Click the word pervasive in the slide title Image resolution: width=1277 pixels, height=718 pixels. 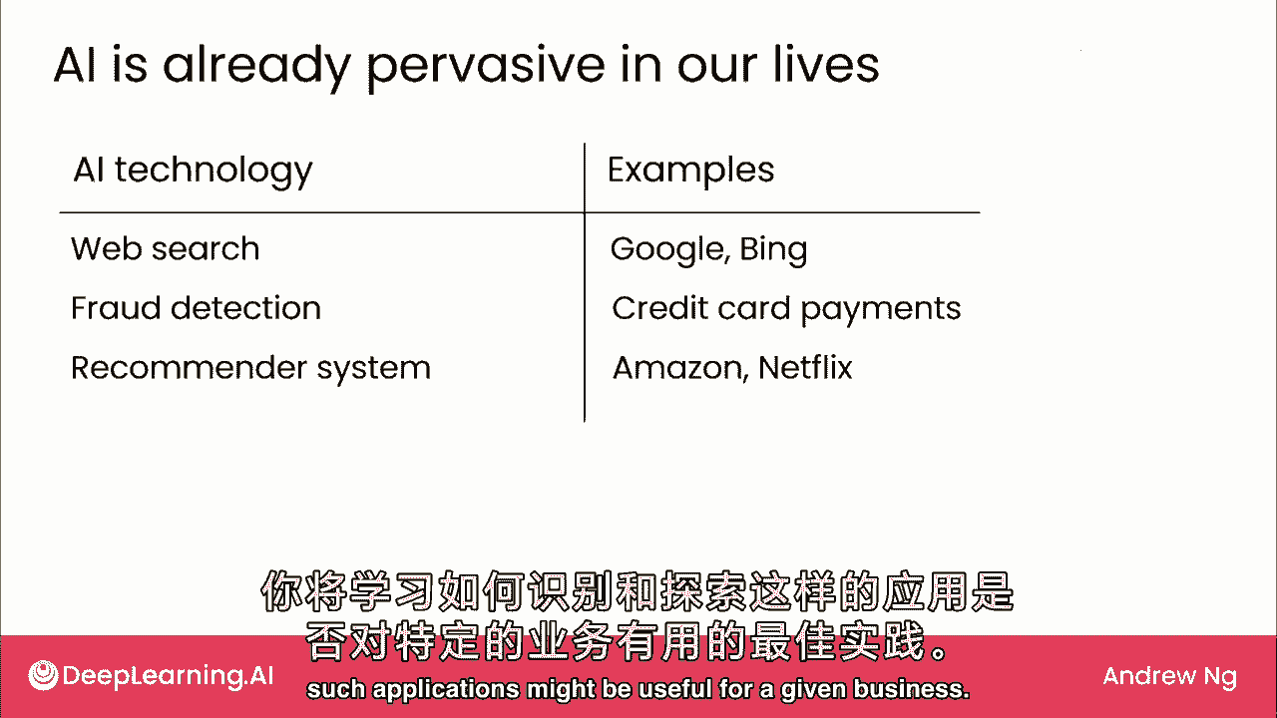pos(485,67)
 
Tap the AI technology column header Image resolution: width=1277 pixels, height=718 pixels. pos(194,171)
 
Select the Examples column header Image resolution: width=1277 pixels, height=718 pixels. pos(691,171)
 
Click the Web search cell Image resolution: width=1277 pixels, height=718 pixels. pos(166,249)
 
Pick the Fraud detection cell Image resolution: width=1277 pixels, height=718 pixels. pos(197,308)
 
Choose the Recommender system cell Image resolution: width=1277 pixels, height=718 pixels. pos(250,368)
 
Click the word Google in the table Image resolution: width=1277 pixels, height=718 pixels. pos(667,250)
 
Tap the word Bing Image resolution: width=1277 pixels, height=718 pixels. pos(773,250)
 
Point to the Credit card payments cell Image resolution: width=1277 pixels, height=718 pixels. pos(786,309)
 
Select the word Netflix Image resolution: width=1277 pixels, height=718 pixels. pos(805,368)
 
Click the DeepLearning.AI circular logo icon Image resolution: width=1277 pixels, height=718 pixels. pos(43,675)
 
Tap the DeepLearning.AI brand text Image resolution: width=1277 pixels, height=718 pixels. pos(169,676)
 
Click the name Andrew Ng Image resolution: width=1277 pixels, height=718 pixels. pos(1170,676)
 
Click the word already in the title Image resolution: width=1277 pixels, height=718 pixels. pos(256,67)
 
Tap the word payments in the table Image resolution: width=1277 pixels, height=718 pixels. pos(881,311)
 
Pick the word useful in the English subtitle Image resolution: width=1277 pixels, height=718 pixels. pos(675,689)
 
